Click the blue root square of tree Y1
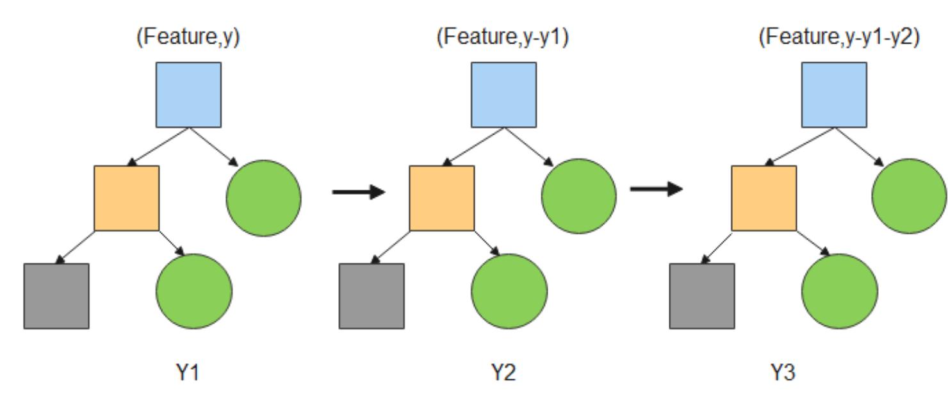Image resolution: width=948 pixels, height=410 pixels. [x=188, y=95]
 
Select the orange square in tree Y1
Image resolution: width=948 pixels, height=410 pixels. [x=127, y=198]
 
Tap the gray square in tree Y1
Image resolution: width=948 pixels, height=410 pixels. [x=56, y=296]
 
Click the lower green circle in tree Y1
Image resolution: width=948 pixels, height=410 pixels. [x=194, y=291]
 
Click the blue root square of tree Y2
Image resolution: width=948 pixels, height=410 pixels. [x=503, y=95]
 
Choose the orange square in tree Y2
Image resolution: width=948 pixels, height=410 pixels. [x=442, y=198]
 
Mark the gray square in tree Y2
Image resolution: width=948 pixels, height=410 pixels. [x=372, y=296]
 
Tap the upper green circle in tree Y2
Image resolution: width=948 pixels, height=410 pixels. [x=579, y=196]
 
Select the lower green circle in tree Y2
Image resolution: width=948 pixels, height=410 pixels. [x=509, y=291]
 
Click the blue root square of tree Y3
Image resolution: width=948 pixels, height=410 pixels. [x=834, y=95]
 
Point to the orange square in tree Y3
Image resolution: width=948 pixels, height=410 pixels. [x=764, y=198]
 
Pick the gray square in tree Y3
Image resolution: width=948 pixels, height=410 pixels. [x=702, y=296]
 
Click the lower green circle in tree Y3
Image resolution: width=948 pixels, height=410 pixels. [x=840, y=291]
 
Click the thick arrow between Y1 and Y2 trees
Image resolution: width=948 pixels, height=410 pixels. [x=359, y=192]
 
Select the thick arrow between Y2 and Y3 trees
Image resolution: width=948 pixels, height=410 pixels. [x=657, y=189]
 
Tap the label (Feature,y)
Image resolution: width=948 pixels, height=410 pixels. [x=188, y=37]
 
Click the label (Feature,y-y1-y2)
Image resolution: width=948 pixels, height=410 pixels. [x=839, y=37]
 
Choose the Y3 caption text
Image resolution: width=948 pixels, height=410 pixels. [x=782, y=372]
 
